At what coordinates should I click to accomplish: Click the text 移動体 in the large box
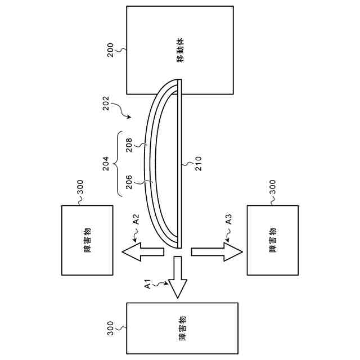tap(181, 51)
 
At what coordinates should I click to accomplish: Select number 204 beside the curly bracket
tap(106, 163)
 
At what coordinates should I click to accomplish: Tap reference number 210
tap(198, 164)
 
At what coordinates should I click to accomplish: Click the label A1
tap(148, 284)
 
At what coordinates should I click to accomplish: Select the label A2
tap(136, 219)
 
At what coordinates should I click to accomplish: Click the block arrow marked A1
tap(178, 277)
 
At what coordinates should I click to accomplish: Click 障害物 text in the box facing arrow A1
tap(182, 328)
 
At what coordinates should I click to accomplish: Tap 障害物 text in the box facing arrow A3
tap(273, 241)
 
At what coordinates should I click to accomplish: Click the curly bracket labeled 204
tap(119, 164)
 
